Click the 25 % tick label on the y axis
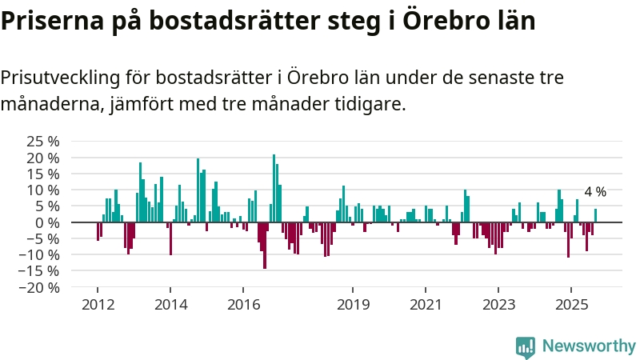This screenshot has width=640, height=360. click(x=44, y=141)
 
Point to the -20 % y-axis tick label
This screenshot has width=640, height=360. click(x=41, y=287)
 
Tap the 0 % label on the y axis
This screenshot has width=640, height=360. click(x=47, y=222)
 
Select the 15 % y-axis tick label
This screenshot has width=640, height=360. click(x=44, y=174)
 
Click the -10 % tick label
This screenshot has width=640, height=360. click(x=41, y=254)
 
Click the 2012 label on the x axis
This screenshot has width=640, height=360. click(x=98, y=305)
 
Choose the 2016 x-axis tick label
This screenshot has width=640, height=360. click(x=244, y=305)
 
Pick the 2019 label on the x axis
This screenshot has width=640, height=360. click(x=354, y=305)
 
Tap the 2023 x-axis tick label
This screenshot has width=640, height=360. click(x=499, y=305)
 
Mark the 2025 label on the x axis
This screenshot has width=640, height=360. click(x=571, y=305)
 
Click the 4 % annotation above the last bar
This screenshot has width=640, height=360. click(x=595, y=192)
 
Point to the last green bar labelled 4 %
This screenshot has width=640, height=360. click(x=595, y=215)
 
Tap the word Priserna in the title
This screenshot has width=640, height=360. click(x=51, y=21)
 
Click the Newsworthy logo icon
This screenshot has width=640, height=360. click(x=526, y=346)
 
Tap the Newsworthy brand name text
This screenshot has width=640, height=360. click(x=589, y=346)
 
